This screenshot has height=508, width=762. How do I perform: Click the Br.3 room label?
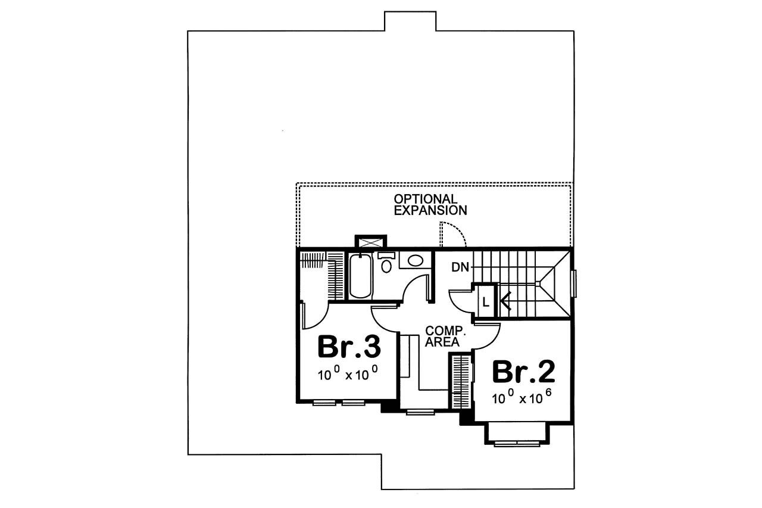point(349,347)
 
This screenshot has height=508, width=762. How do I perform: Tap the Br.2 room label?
point(523,372)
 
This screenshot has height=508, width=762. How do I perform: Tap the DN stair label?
point(460,267)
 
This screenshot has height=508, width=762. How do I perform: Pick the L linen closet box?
point(485,302)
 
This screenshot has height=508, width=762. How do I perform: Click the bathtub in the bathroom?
point(360,276)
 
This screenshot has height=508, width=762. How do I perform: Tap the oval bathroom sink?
point(415,260)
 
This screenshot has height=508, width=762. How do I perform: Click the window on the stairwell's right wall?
point(574,283)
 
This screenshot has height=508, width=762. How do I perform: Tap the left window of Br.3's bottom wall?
point(324,403)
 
